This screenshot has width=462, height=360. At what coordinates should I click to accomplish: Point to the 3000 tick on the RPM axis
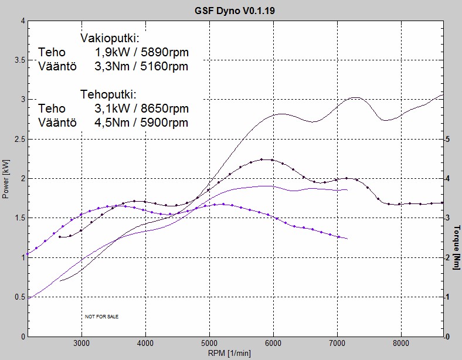[81, 343]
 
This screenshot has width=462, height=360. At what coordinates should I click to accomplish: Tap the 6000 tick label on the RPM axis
[273, 343]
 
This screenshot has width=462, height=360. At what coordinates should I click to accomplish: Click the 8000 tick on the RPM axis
[401, 343]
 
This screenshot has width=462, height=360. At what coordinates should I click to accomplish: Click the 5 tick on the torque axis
[447, 139]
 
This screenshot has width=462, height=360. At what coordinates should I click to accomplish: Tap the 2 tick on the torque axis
[447, 257]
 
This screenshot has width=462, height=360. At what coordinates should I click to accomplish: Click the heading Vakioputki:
[109, 39]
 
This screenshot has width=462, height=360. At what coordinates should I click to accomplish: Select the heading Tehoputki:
[108, 95]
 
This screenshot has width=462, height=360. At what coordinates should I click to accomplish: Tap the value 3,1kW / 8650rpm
[141, 109]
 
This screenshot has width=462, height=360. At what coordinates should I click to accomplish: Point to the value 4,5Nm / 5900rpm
[141, 123]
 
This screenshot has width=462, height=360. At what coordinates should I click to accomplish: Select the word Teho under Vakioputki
[52, 53]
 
